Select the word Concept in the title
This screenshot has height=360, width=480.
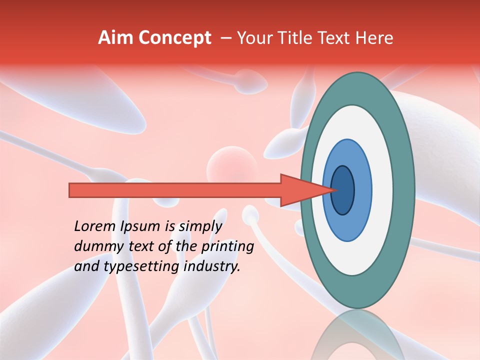[x=174, y=38]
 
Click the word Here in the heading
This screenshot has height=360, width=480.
[x=374, y=38]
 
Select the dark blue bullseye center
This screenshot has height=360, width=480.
[x=343, y=190]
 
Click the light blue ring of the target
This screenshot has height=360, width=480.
[x=362, y=190]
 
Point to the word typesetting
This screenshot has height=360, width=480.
[x=140, y=267]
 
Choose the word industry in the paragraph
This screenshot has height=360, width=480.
[x=212, y=266]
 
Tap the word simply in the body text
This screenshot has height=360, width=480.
[x=199, y=227]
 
